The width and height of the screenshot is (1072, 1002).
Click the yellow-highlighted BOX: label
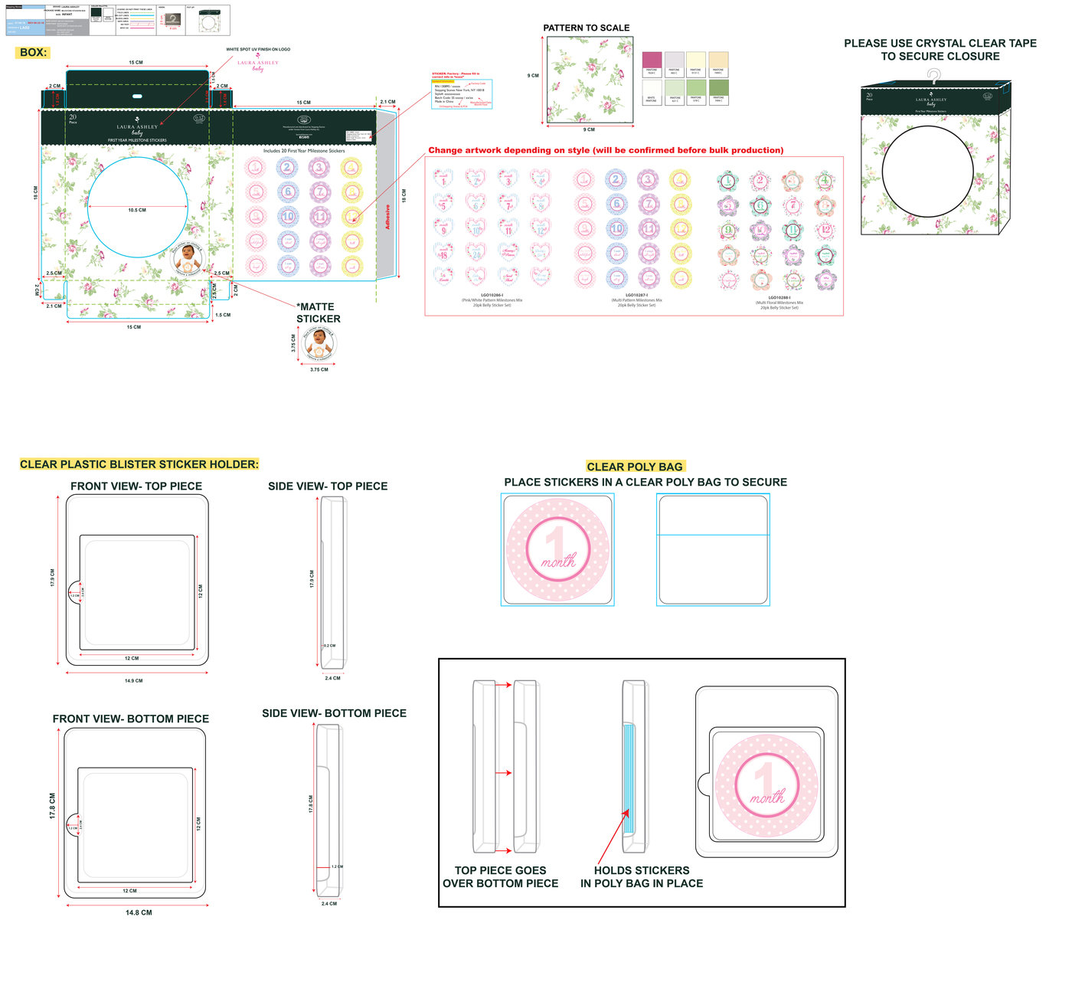tap(33, 53)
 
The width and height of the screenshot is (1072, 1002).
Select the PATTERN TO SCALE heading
tap(586, 28)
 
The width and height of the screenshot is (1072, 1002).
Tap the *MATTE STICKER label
tap(318, 313)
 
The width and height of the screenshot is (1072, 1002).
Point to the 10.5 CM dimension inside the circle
tap(137, 210)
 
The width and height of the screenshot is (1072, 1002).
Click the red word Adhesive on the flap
tap(387, 217)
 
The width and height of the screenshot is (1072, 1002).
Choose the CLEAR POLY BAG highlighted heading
tap(634, 467)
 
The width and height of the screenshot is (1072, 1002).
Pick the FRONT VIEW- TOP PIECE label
tap(136, 486)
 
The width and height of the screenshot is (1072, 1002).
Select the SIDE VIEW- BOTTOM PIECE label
tap(334, 713)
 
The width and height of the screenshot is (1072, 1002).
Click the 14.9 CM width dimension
tap(133, 680)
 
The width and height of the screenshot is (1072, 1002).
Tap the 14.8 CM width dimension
tap(139, 912)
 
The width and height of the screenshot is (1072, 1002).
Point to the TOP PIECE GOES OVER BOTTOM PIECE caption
tap(500, 877)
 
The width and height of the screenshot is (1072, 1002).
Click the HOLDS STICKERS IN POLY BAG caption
tap(642, 877)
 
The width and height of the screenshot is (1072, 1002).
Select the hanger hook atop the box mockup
tap(933, 75)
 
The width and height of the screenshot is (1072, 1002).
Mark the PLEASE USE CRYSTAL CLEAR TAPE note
tap(940, 50)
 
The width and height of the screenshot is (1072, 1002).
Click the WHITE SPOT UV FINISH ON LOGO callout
tap(258, 49)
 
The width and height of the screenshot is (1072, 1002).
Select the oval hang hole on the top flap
tap(137, 97)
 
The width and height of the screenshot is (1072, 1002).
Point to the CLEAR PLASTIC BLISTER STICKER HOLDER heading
tap(139, 464)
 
